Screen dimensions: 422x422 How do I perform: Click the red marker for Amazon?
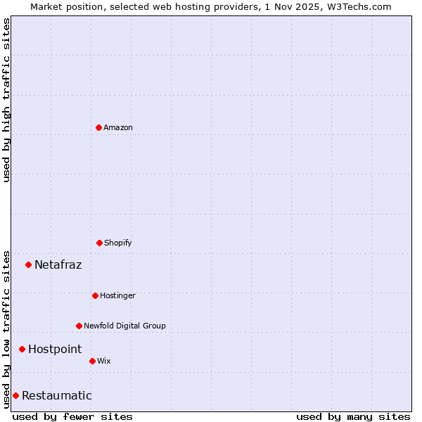[x=98, y=127]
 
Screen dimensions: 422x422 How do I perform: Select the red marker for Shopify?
[x=99, y=243]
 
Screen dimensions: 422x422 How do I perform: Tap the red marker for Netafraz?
[x=28, y=264]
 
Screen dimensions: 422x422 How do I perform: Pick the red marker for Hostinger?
[x=95, y=295]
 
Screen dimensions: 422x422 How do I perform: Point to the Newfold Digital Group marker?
[x=79, y=326]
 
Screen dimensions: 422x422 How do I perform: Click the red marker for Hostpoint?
[x=22, y=349]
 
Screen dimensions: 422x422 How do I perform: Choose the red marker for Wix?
[x=92, y=361]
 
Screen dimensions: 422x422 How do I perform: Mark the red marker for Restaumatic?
[x=15, y=395]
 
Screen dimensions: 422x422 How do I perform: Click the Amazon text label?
[x=118, y=127]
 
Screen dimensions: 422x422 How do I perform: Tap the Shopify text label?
[x=118, y=243]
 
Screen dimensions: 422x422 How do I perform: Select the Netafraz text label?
[x=58, y=264]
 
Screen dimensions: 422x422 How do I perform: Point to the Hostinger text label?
[x=117, y=295]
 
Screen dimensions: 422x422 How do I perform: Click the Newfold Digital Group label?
[x=124, y=326]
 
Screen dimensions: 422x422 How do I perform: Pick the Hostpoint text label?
[x=55, y=349]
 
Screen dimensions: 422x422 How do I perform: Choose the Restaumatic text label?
[x=56, y=395]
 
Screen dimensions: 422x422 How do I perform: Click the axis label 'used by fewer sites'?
[x=72, y=416]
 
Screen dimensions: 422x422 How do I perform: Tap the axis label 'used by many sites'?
[x=353, y=416]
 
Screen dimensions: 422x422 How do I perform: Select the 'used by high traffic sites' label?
[x=6, y=100]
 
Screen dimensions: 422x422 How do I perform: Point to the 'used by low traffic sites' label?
[x=6, y=328]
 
